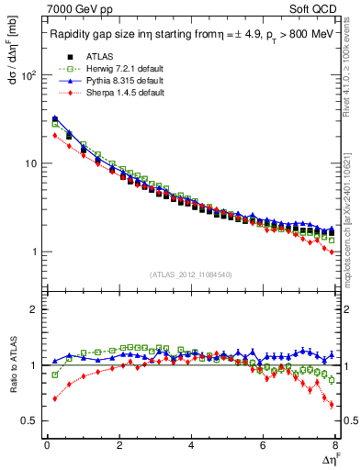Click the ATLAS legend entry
point(85,58)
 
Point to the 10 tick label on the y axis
point(31,163)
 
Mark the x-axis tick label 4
point(191,445)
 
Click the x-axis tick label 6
point(264,445)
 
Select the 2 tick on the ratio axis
point(35,309)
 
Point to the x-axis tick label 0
point(47,445)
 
